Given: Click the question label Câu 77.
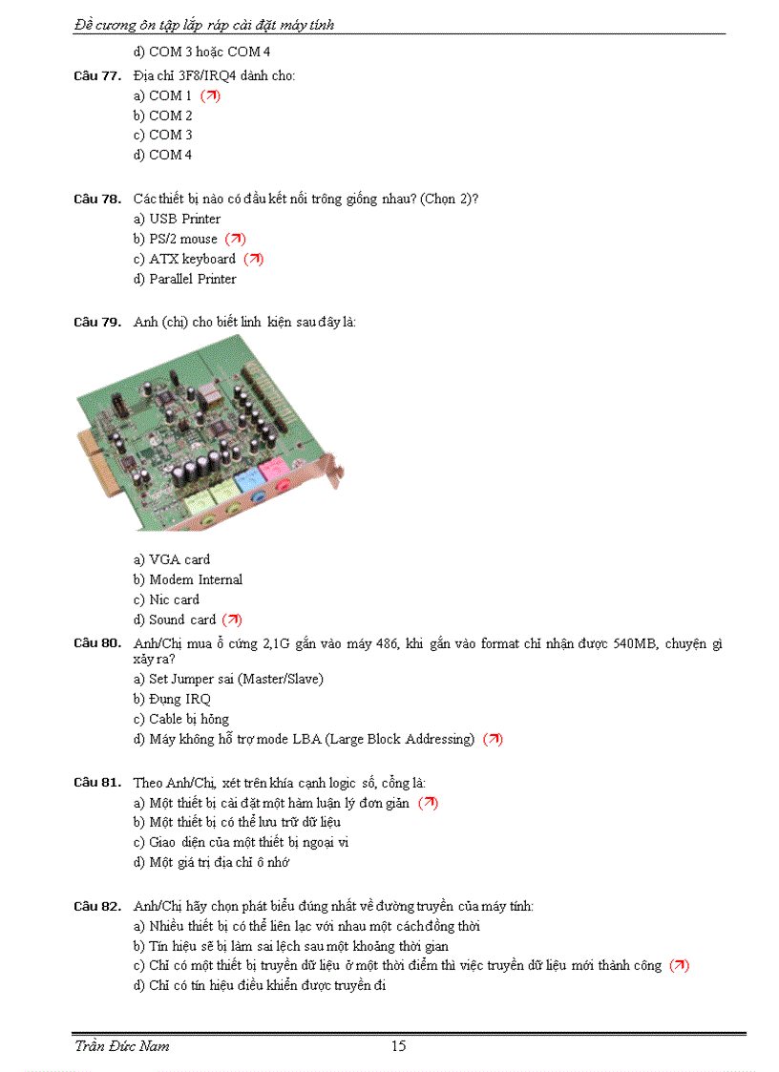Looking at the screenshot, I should tap(96, 75).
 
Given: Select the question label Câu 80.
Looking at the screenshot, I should tap(96, 643).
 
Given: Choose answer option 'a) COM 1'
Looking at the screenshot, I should tap(163, 95).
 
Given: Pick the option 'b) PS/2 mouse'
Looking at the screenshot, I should tap(176, 239).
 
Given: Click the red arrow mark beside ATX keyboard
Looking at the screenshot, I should tap(254, 259).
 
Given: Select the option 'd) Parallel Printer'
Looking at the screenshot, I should tap(185, 279).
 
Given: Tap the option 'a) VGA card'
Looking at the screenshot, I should tap(172, 559).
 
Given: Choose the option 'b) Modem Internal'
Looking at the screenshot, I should tap(188, 579).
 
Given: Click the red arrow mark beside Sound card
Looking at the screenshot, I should tap(232, 620).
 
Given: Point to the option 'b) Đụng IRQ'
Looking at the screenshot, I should tap(172, 699).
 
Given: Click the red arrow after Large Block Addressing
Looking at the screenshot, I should tap(493, 739).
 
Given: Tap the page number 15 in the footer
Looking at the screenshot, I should tap(398, 1046).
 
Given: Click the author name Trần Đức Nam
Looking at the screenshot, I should tap(122, 1046).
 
